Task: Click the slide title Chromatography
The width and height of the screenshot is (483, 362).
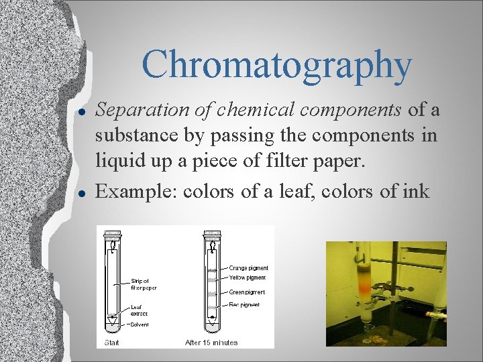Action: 276,65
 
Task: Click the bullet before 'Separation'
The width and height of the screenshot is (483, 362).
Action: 80,109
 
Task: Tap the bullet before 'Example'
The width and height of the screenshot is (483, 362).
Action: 80,192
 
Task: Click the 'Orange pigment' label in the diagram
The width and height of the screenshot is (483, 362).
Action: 248,268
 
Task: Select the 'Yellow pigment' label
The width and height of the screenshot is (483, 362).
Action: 248,278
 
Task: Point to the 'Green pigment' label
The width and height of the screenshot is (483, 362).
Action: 247,293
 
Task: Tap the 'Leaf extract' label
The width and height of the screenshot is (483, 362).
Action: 139,310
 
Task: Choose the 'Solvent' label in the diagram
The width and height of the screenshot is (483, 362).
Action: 140,324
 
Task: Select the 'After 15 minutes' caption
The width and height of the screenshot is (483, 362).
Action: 211,343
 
